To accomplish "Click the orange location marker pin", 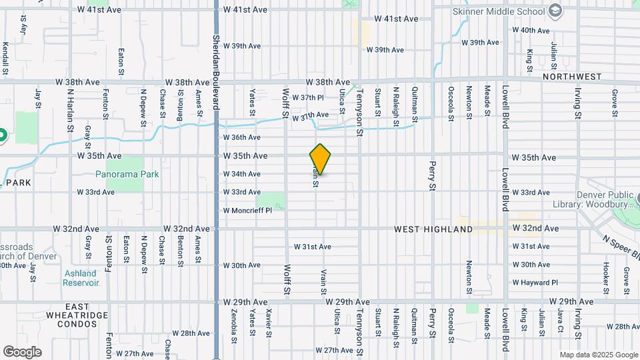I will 321,159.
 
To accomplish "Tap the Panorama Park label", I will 127,174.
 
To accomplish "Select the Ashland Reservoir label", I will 81,278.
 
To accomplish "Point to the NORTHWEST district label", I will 572,77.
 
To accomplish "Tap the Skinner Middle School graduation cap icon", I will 555,11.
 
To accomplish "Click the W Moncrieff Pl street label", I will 247,211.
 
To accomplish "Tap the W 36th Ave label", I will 241,137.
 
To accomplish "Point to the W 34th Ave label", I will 241,174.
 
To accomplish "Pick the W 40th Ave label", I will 535,31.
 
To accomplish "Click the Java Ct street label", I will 560,321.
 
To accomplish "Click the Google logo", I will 22,351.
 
